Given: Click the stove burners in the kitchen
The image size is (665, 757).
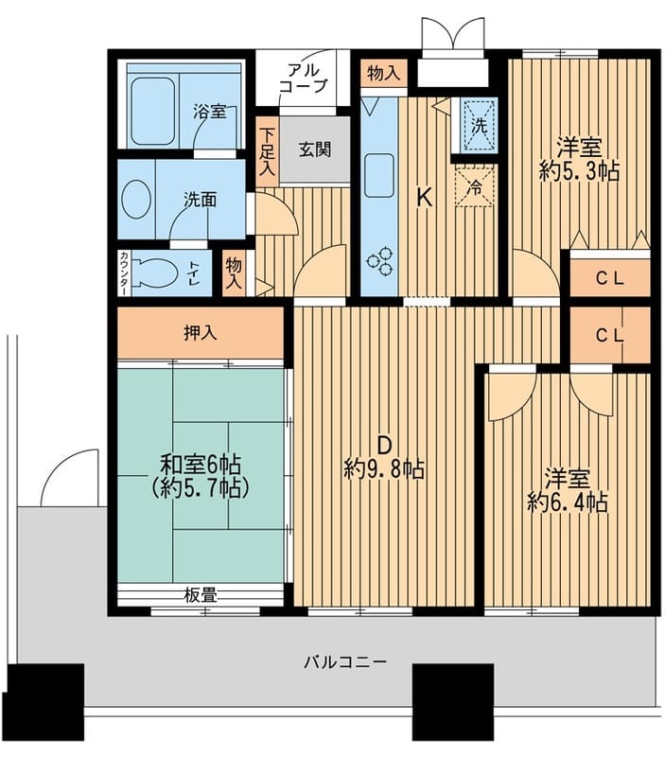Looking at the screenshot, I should tap(383, 261).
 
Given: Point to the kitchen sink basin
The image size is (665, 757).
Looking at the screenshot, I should tap(379, 176).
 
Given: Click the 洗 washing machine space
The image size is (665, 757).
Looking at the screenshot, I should tap(478, 125).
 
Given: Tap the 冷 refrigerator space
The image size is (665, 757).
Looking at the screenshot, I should tap(476, 186).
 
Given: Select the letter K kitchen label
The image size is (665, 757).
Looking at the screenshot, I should tap(426, 199).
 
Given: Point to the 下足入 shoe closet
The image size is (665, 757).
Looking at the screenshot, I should tap(269, 152).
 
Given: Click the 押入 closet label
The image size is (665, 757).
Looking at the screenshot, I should tap(199, 333).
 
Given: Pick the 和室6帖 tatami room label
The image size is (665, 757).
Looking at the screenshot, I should tap(200, 465).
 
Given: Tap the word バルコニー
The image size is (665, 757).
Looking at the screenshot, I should tap(344, 662).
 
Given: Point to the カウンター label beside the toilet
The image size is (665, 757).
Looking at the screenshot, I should tap(124, 273).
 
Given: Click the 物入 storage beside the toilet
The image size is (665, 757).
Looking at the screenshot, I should tap(235, 273).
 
